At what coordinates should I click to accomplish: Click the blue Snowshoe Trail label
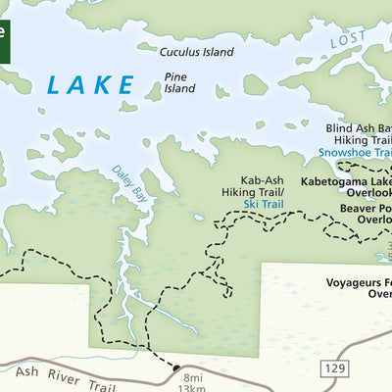(355, 153)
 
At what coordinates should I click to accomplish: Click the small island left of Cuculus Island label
(146, 46)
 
